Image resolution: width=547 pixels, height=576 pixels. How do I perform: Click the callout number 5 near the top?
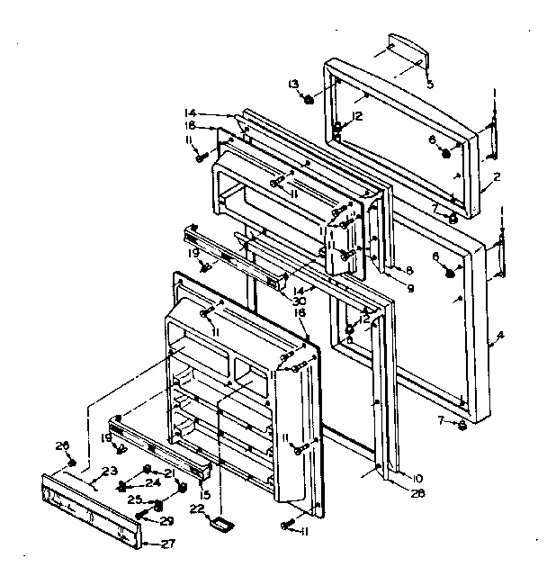coord(429,85)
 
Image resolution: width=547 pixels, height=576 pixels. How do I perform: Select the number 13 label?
coord(292,84)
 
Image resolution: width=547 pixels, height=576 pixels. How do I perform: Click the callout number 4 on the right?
coord(500,336)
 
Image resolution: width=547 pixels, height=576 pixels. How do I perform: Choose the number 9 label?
coord(410,288)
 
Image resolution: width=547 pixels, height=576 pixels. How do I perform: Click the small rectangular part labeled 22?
coord(219,522)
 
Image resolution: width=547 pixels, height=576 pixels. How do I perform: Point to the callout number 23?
coord(110,471)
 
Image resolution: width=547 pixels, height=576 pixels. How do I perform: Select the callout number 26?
coord(61,445)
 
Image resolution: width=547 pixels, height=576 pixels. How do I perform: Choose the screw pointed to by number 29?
coord(140,515)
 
